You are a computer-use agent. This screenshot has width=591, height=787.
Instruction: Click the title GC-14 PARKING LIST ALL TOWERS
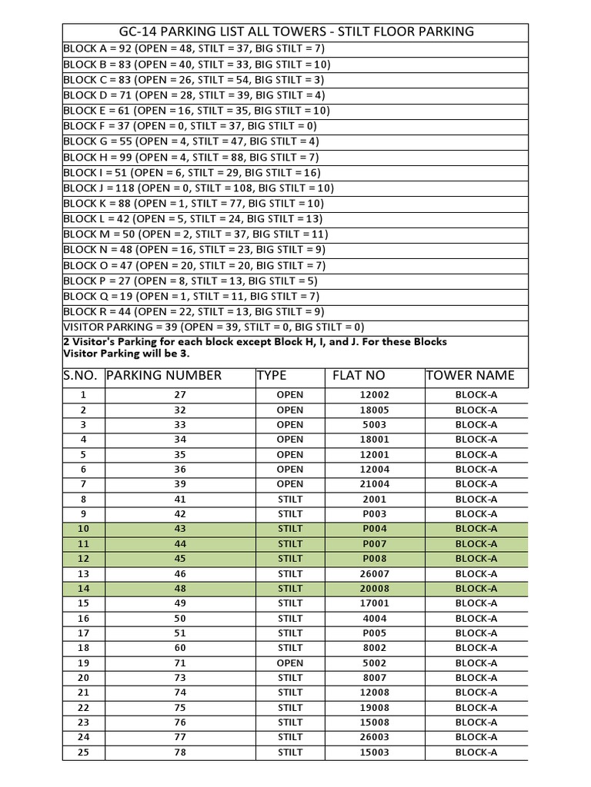[295, 32]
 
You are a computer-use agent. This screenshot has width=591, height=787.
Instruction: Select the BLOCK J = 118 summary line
[198, 188]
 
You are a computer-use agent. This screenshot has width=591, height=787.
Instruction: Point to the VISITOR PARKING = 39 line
[213, 327]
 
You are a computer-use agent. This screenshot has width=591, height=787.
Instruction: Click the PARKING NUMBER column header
[164, 375]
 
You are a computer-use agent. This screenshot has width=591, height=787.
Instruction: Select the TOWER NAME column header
[469, 375]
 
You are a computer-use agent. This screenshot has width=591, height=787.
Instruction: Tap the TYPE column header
[272, 375]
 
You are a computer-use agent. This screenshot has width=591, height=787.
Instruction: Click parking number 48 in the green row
[180, 588]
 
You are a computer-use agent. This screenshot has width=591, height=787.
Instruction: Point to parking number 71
[180, 662]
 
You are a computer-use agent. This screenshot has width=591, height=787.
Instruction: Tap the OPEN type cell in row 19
[290, 662]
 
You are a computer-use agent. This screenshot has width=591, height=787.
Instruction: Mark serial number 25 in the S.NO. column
[84, 752]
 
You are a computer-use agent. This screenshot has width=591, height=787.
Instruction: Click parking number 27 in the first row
[180, 394]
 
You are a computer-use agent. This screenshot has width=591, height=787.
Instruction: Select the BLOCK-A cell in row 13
[476, 573]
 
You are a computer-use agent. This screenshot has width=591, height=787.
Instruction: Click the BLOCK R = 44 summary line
[193, 311]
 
